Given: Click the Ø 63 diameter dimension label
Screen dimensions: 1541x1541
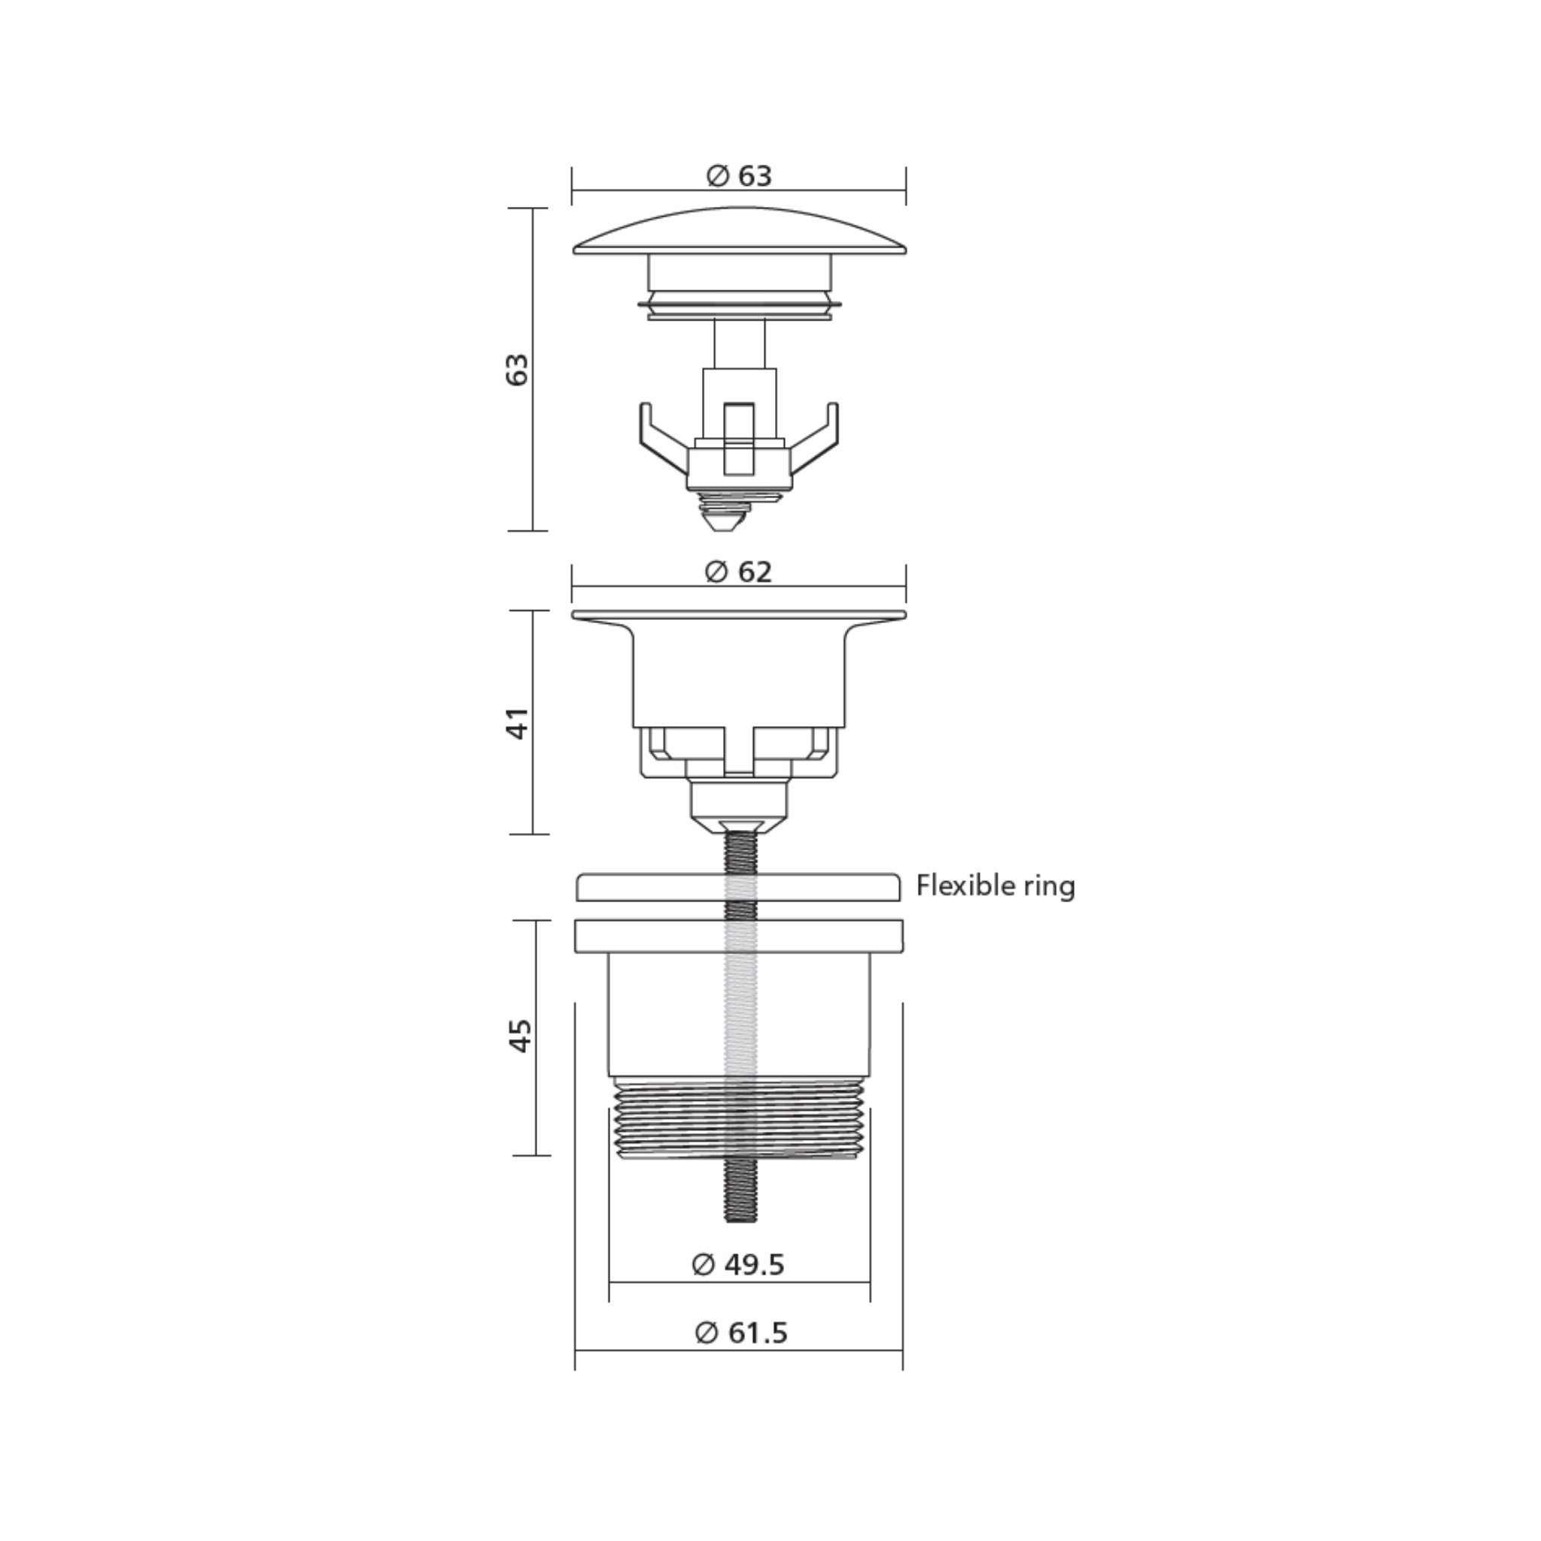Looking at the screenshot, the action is [740, 175].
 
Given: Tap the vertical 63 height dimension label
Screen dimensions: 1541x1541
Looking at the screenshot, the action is [518, 369].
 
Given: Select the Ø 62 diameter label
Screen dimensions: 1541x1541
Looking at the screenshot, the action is [740, 572].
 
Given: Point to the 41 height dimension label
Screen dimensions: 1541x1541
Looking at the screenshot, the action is [518, 723].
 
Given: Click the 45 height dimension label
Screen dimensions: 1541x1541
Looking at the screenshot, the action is [520, 1035].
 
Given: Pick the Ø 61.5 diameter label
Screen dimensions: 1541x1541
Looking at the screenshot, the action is [741, 1333].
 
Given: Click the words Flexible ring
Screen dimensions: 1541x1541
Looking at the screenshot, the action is [995, 886].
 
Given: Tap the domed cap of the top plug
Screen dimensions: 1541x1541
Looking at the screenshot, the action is [740, 233].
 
